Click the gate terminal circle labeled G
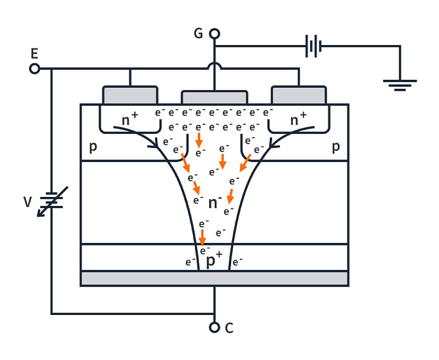point(214,33)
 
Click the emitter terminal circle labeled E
point(34,68)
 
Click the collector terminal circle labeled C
point(214,327)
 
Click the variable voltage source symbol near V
point(51,201)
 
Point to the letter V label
point(27,202)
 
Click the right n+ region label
point(298,120)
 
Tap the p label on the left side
point(93,147)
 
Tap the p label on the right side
point(336,147)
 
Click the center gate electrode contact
point(214,97)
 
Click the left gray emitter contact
point(129,95)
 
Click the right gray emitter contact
point(299,95)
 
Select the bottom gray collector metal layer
point(214,278)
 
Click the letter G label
point(198,33)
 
